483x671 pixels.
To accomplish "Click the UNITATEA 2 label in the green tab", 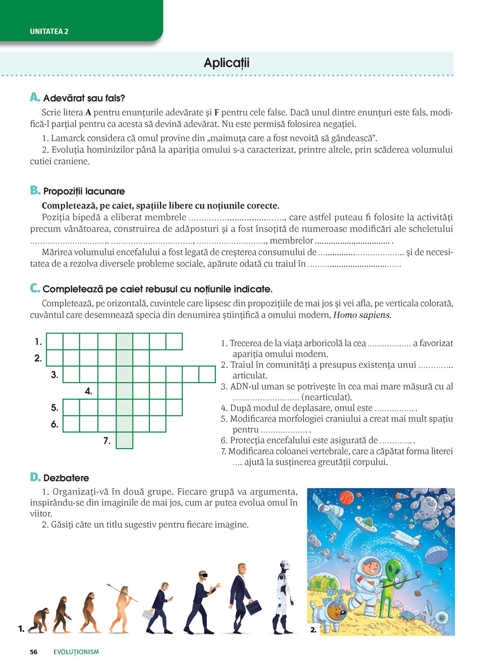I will coord(49,31).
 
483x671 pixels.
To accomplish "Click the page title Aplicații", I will coord(227,63).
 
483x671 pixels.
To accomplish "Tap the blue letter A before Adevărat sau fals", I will coord(35,97).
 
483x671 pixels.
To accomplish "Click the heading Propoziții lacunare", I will coord(84,191).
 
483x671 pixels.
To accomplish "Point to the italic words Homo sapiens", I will coord(362,315).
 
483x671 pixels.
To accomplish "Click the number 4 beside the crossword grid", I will coord(88,391).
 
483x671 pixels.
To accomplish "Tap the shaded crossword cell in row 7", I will coord(125,440).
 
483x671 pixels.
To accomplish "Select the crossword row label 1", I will coord(38,342).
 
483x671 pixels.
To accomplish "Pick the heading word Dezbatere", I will coord(66,478).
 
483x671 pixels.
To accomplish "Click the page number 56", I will coord(33,652).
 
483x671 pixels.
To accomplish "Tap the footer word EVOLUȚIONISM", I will coord(76,652).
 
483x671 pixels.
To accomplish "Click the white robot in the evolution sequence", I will coord(284,596).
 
